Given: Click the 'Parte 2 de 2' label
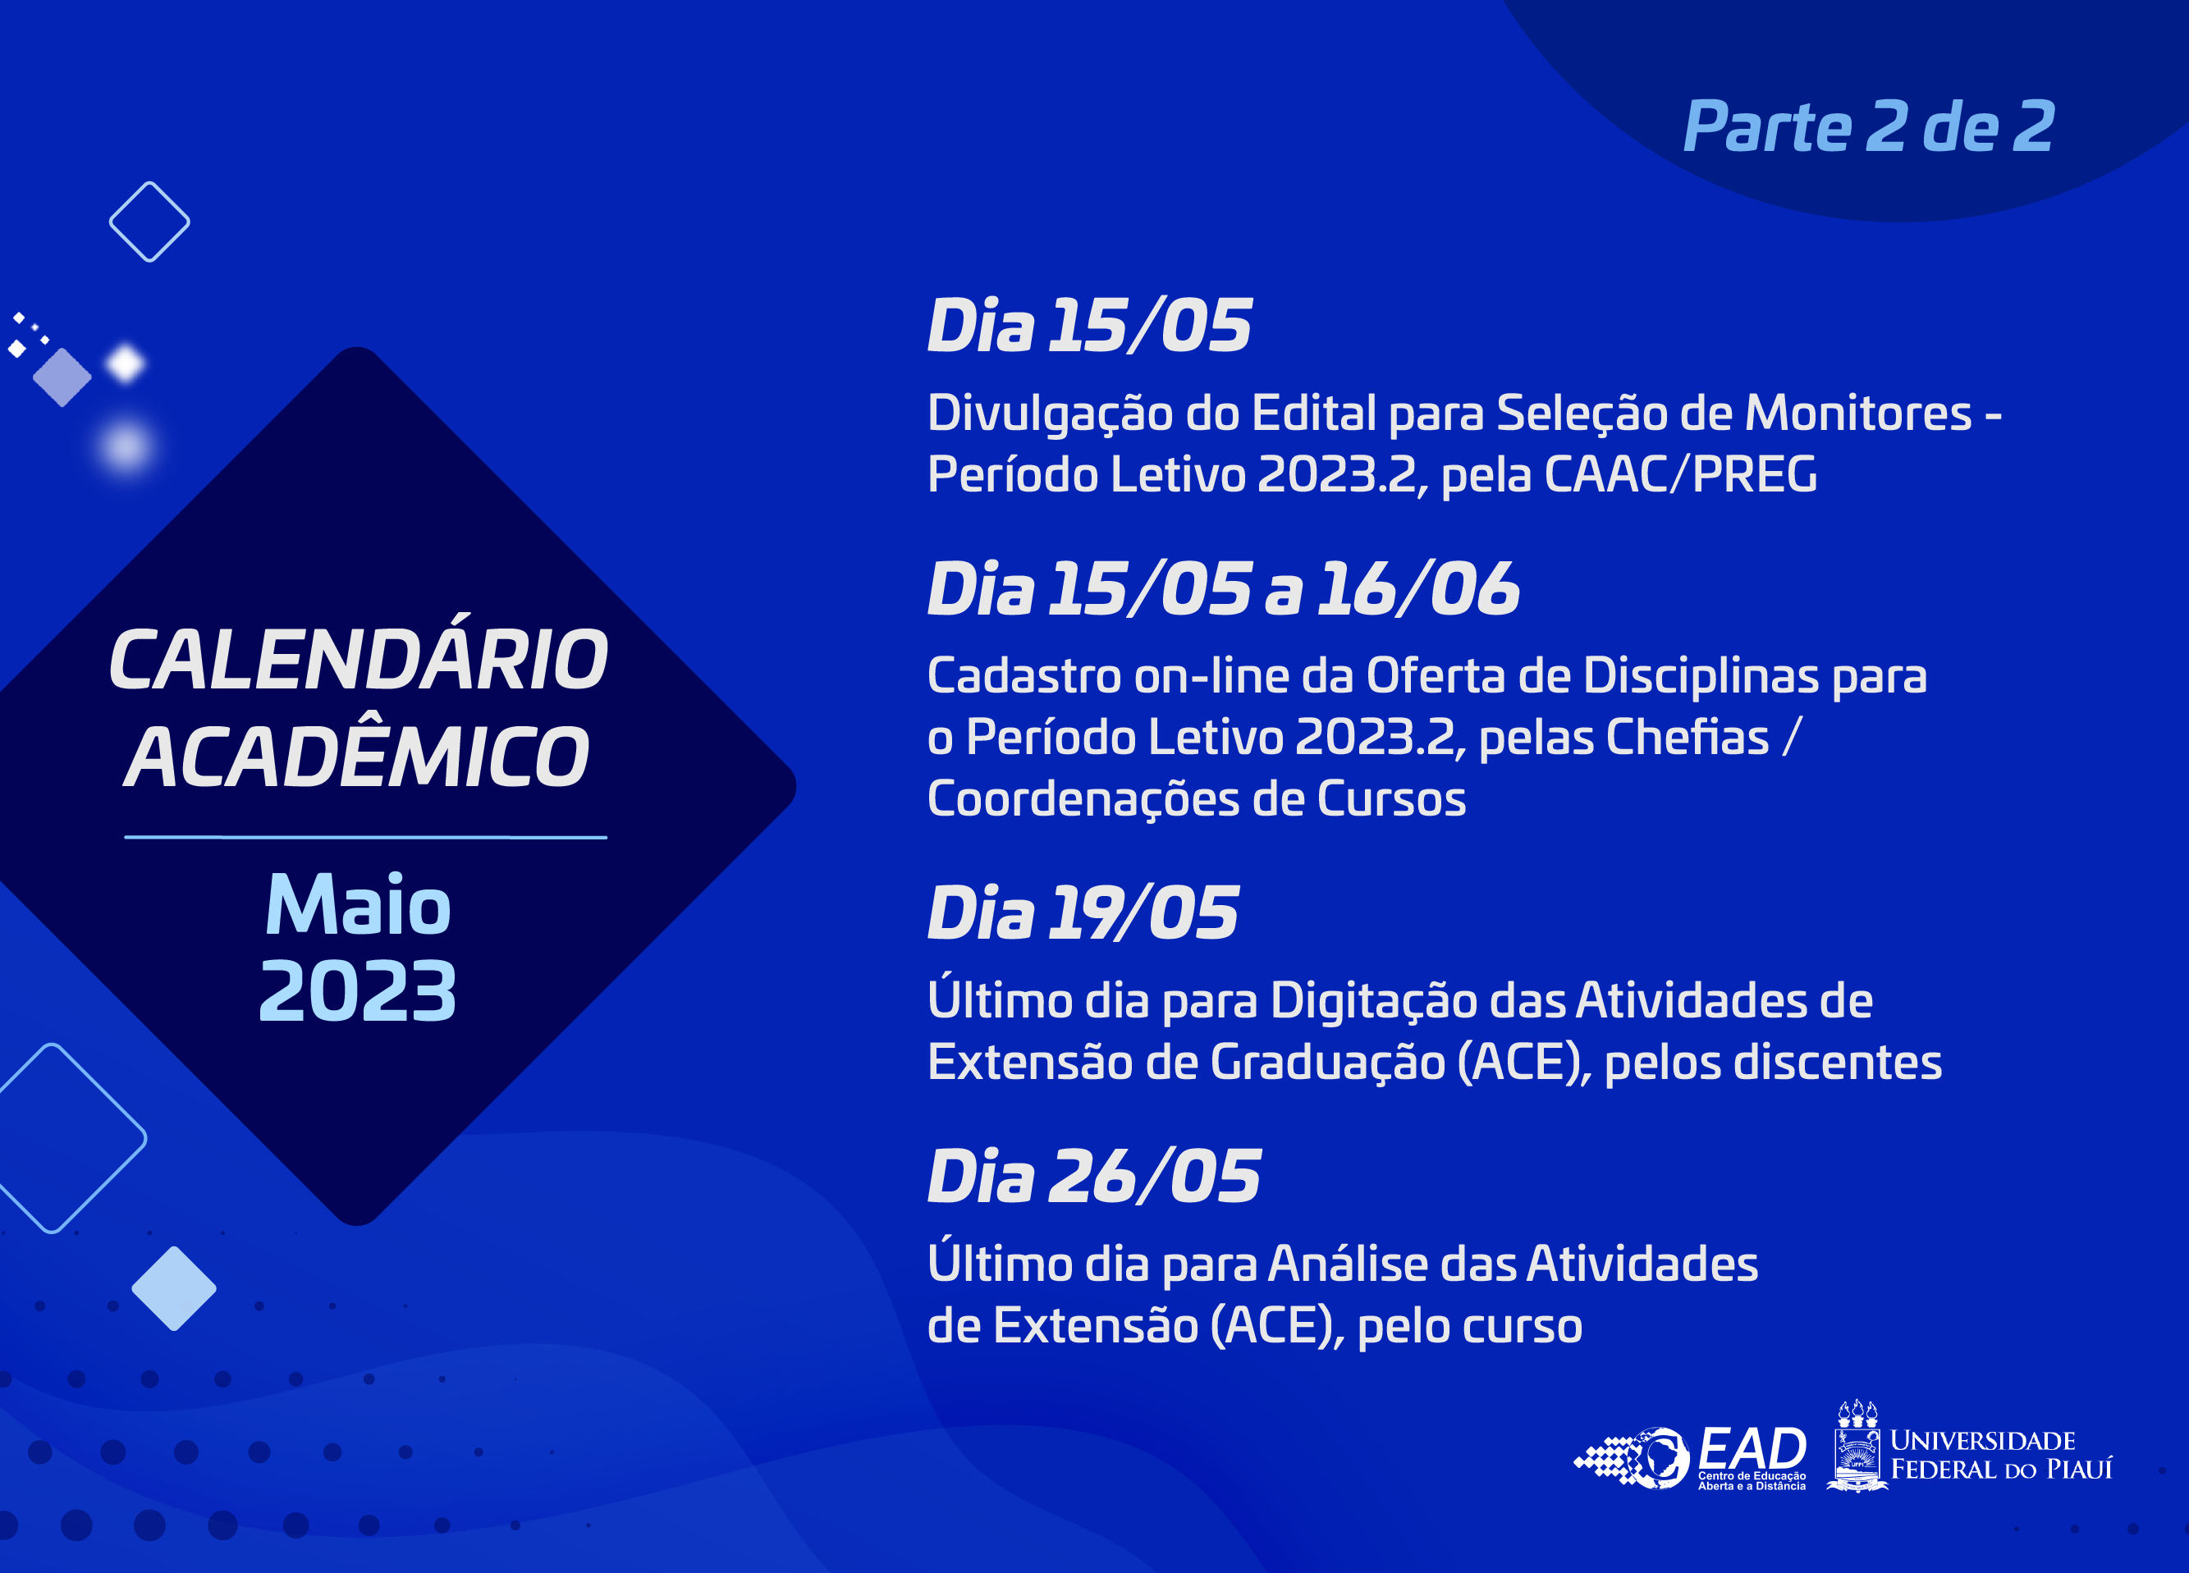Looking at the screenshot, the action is coord(1869,127).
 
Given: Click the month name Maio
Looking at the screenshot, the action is coord(358,905).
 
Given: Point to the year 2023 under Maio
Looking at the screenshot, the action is coord(358,991).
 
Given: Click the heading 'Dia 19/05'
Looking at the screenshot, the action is coord(1083,913).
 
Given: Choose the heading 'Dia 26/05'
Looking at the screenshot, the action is coord(1093,1177).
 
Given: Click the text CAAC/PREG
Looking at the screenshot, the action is coord(1680,475).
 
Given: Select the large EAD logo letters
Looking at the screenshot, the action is coord(1752,1448).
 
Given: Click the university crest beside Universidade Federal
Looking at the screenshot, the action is coord(1857,1447).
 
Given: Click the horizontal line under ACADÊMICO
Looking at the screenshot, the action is coord(366,838).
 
